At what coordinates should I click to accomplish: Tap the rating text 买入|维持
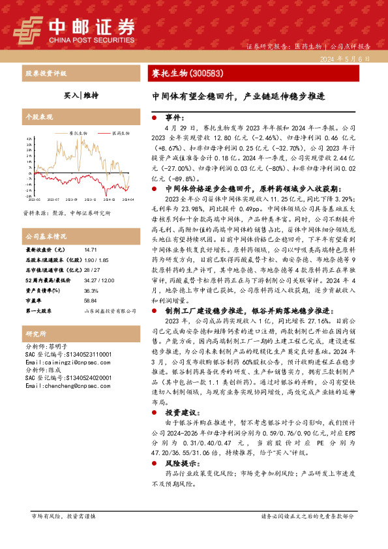pyautogui.click(x=82, y=95)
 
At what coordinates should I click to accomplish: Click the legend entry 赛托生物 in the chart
pyautogui.click(x=78, y=132)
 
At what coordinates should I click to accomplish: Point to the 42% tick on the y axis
pyautogui.click(x=28, y=139)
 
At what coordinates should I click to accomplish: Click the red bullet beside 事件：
pyautogui.click(x=154, y=118)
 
